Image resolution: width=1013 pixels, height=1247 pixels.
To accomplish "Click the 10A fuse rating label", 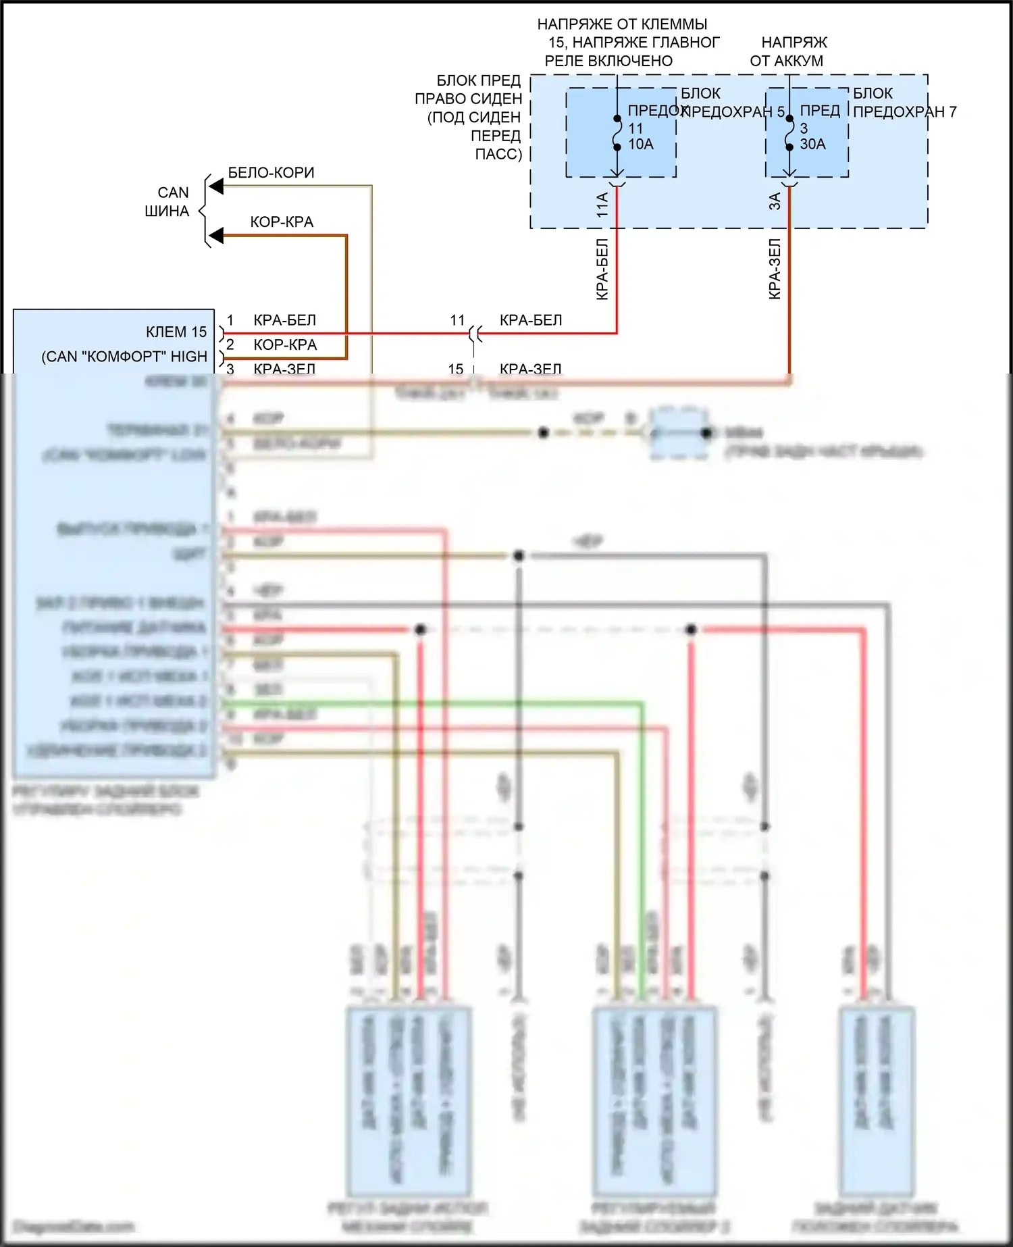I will click(x=641, y=144).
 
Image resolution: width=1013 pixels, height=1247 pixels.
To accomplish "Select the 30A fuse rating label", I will click(x=812, y=144).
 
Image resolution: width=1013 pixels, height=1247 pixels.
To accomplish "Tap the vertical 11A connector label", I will click(x=602, y=204).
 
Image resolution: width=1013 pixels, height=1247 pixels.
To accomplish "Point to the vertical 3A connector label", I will click(x=775, y=201).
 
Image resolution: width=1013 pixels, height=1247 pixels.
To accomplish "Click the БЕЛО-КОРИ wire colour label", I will click(x=271, y=173).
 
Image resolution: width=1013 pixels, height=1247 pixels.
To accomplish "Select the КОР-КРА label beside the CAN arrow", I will click(x=282, y=222).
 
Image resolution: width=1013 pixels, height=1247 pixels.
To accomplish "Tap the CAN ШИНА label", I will click(x=167, y=202).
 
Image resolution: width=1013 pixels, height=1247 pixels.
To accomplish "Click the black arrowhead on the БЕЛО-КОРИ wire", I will click(x=216, y=186).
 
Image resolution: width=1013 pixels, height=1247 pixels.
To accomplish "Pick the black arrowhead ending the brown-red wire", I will click(x=216, y=236).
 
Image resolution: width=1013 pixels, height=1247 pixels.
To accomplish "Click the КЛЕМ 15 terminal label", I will click(x=176, y=332).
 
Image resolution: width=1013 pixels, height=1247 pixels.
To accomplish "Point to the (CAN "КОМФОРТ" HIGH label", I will click(x=124, y=357).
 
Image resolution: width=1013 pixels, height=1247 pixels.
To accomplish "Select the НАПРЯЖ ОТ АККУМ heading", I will click(x=787, y=51).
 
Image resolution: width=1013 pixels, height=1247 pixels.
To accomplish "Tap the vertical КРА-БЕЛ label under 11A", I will click(x=602, y=269).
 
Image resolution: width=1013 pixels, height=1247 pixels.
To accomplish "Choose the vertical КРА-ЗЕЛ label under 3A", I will click(x=775, y=269).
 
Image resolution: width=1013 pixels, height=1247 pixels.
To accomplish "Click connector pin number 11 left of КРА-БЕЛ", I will click(x=457, y=320).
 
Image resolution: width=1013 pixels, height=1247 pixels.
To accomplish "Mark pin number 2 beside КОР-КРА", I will click(x=230, y=345).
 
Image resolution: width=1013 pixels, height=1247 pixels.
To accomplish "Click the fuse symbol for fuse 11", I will click(x=617, y=133).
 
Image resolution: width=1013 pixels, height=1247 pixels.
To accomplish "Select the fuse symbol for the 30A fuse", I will click(x=789, y=133).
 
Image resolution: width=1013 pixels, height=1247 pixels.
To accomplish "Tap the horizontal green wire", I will click(x=432, y=704).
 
